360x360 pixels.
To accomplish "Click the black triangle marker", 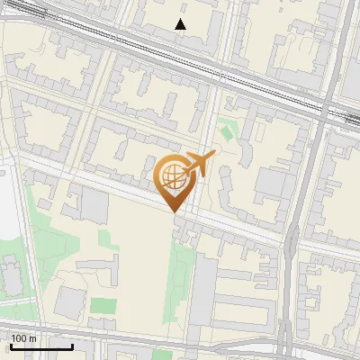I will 181,24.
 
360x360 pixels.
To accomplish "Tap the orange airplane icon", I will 200,163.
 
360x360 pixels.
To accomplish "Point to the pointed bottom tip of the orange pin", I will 173,211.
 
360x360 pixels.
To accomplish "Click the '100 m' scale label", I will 24,338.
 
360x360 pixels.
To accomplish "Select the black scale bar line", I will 40,346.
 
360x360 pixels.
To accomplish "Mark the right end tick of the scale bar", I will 71,345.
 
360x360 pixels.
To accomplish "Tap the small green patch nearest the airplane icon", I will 227,130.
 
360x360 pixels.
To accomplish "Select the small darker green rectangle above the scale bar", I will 103,306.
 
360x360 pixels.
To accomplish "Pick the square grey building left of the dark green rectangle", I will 70,303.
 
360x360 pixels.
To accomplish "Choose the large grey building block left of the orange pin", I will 94,205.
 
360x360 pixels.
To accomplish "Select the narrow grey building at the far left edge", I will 11,274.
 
